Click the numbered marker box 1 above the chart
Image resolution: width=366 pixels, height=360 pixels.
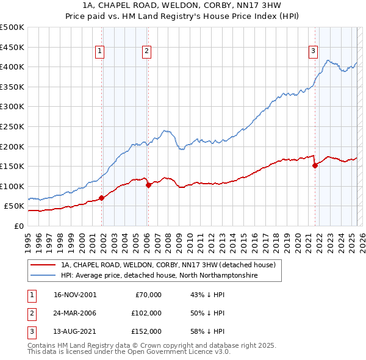(99, 52)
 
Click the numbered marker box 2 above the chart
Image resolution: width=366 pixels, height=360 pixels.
(147, 52)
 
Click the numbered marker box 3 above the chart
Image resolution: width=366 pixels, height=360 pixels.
(312, 52)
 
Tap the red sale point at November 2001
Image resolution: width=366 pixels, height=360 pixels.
(102, 197)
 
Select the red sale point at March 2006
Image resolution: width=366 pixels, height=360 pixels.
(148, 185)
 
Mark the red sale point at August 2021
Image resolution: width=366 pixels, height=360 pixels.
(315, 165)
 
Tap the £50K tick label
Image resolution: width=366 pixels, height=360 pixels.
(15, 206)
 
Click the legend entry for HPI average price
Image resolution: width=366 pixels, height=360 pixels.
(159, 276)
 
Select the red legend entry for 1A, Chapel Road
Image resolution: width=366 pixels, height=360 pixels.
(168, 265)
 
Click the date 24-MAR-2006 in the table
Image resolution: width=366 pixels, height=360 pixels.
(75, 313)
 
